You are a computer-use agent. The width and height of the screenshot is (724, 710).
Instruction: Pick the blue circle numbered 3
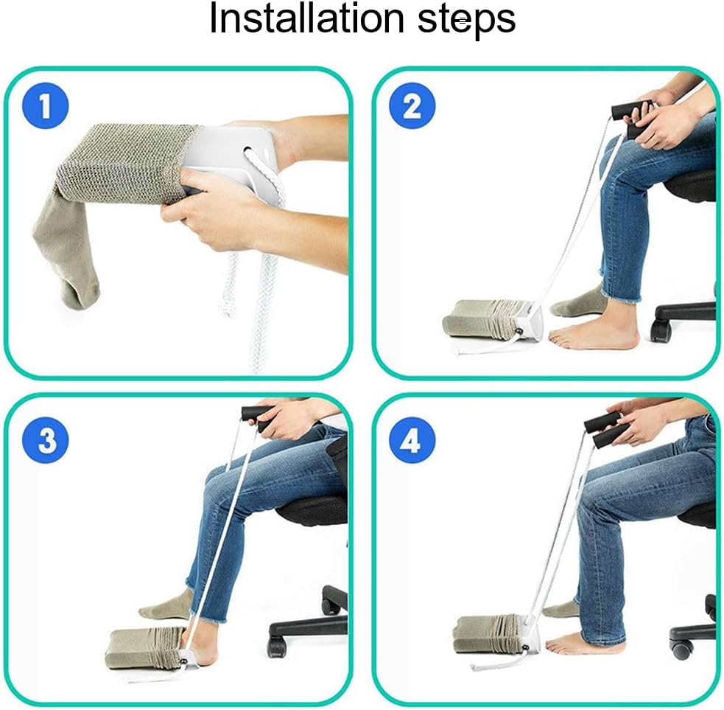46,440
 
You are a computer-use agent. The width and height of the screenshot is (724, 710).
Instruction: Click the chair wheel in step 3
278,647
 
